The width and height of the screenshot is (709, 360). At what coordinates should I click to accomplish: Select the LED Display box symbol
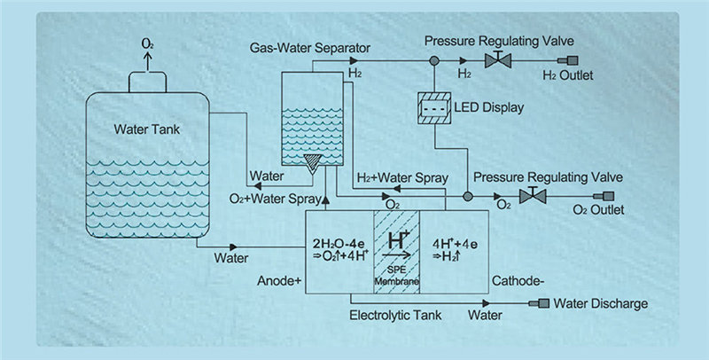435,107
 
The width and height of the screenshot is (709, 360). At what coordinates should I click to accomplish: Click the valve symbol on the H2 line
497,61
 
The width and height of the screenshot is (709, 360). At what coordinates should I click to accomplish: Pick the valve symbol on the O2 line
533,195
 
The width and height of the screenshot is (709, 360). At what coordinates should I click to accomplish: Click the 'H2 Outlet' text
567,75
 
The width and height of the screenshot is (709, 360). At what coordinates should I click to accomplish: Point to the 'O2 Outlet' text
599,210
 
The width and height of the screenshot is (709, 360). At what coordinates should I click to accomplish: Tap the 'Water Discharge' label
600,304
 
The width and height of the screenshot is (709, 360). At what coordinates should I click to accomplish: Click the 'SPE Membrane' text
396,275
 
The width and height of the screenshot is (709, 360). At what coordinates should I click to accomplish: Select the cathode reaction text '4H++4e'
455,241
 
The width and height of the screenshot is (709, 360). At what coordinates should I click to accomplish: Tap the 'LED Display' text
491,107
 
